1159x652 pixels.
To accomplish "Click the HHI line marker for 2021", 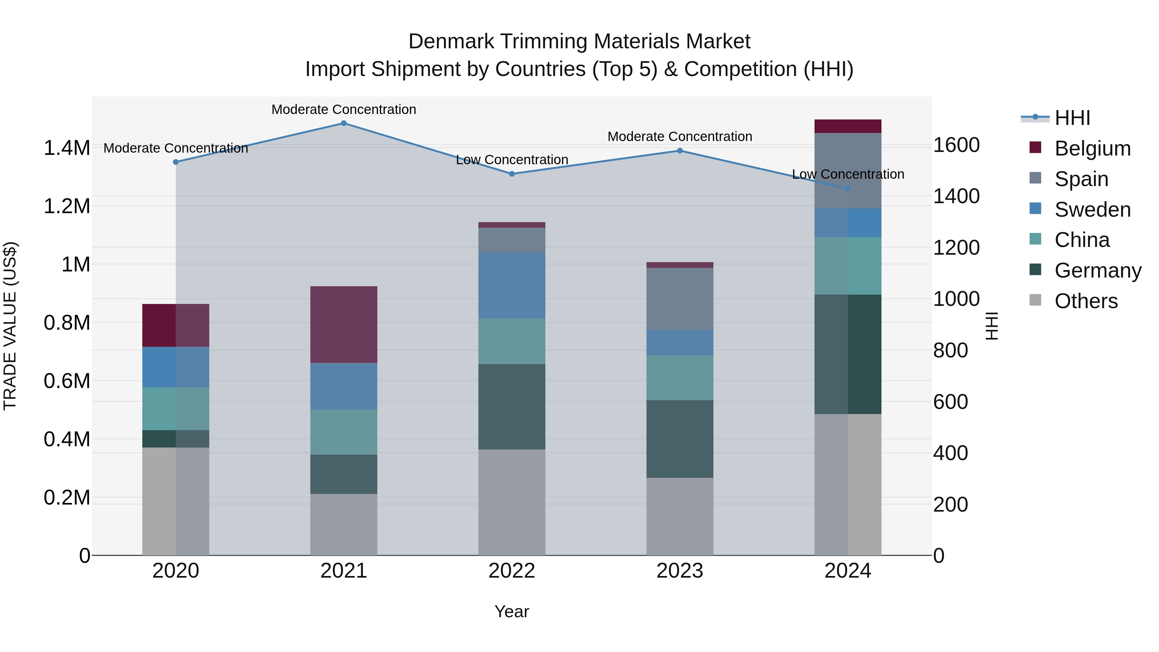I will click(344, 123).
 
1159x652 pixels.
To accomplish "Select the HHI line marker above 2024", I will click(848, 189).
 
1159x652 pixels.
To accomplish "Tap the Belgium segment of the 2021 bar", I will click(344, 325).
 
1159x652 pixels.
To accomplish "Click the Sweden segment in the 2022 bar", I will click(512, 285).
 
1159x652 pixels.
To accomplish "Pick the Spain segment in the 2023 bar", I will click(679, 299).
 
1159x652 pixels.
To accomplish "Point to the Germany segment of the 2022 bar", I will click(512, 406).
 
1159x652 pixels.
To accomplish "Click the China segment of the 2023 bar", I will click(679, 378).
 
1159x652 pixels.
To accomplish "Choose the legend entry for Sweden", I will click(1092, 210).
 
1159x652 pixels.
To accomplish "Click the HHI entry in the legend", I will click(1072, 118).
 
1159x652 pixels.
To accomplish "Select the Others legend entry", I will click(1086, 301).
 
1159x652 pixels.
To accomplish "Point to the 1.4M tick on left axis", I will click(67, 148).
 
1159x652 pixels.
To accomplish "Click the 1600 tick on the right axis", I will click(956, 145).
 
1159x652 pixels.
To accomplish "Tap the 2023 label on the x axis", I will click(679, 571).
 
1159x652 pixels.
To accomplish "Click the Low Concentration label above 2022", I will click(512, 160).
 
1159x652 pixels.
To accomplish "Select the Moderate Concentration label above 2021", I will click(344, 109).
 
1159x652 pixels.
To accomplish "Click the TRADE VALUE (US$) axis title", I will click(10, 326).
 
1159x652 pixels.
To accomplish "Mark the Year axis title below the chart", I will click(512, 611).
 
